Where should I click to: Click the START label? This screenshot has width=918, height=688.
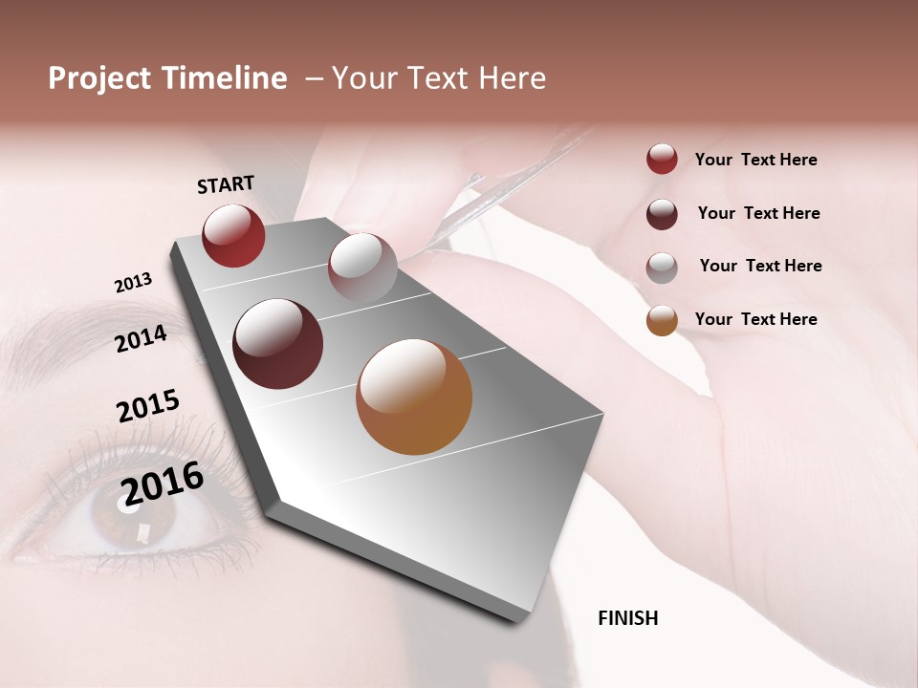[226, 184]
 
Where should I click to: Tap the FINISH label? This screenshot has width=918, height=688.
[627, 618]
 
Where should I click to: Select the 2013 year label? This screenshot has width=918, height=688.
[133, 283]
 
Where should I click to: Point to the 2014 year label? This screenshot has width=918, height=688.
[142, 338]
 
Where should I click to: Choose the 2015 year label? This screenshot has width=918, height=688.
[148, 405]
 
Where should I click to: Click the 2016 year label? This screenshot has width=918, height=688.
[163, 483]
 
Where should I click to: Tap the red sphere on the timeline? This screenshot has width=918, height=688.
[233, 235]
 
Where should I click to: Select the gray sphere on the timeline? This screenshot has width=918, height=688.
[362, 268]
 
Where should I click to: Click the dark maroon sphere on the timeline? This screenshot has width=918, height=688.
[277, 344]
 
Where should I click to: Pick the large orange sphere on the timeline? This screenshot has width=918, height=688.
[414, 397]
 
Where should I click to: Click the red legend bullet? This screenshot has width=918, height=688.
[662, 159]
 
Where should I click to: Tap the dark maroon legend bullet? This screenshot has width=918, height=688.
[662, 214]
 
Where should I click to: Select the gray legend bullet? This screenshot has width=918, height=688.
[662, 267]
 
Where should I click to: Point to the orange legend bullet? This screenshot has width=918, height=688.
[662, 320]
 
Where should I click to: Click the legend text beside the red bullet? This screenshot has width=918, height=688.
[755, 160]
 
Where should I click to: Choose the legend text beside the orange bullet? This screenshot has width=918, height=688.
[755, 319]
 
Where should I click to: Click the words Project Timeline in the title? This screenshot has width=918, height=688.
[167, 78]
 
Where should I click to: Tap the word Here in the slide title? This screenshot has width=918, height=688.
[508, 78]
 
